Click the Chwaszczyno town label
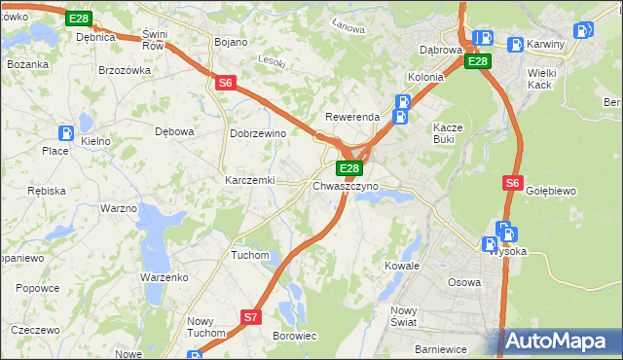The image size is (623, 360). [346, 186]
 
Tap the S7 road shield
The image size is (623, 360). [251, 316]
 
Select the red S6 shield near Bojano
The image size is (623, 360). [225, 84]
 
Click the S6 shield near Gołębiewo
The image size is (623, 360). [514, 182]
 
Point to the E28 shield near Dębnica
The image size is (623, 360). [80, 19]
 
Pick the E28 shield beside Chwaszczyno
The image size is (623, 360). [350, 168]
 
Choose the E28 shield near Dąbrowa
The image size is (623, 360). [477, 61]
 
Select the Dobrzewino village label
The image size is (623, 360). [256, 133]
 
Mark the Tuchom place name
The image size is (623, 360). [249, 255]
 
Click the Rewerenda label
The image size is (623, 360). [351, 117]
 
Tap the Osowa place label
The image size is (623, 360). [463, 282]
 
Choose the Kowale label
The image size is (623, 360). [402, 265]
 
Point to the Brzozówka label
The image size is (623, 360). [125, 70]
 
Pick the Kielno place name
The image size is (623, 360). [95, 141]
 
